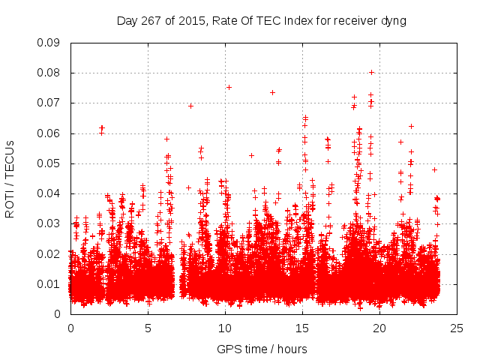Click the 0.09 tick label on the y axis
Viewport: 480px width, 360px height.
[49, 43]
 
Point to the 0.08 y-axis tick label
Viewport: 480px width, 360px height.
[49, 73]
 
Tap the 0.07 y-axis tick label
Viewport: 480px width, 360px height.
[49, 103]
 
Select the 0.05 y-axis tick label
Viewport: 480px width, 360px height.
[49, 163]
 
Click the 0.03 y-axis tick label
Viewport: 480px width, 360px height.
[49, 223]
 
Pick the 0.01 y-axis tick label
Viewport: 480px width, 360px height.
[49, 283]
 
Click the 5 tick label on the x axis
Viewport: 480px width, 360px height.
[148, 328]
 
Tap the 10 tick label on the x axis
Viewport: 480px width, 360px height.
[225, 328]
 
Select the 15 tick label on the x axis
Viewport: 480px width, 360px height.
[302, 328]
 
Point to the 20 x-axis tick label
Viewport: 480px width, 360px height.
[379, 328]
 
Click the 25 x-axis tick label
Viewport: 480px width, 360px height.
[457, 328]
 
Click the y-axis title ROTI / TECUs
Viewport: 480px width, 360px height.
[10, 178]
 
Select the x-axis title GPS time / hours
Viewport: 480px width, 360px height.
[262, 349]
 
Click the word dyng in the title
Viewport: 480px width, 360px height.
[393, 21]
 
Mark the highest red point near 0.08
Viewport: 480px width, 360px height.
[371, 73]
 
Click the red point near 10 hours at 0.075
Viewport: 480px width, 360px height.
[229, 87]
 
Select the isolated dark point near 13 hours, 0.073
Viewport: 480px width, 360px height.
[272, 92]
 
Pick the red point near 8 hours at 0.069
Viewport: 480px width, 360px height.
[190, 106]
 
